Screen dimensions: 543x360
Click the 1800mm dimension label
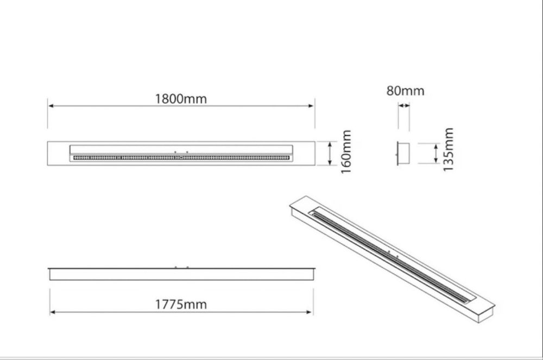pos(181,99)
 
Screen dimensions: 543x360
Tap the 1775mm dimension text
pos(181,305)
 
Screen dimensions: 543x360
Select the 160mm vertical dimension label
pos(346,151)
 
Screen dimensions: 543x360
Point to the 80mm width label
pos(405,91)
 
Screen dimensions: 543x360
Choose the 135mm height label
pos(448,149)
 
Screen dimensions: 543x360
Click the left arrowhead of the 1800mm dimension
pos(51,105)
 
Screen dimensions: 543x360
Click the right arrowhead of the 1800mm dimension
pos(311,105)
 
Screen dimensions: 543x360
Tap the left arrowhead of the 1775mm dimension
pos(53,312)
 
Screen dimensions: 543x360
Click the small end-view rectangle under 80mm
pos(403,153)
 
